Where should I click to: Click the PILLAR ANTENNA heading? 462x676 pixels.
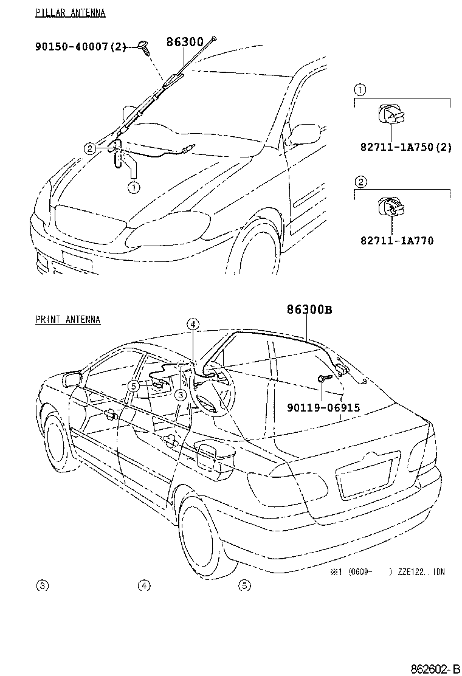[71, 13]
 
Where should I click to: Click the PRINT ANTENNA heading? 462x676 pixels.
[68, 320]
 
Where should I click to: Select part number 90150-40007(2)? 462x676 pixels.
[80, 46]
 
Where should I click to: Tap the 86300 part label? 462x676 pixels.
[185, 42]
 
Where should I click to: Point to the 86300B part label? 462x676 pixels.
[309, 309]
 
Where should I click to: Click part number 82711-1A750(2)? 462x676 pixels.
[406, 147]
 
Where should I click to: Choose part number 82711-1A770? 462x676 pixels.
[397, 240]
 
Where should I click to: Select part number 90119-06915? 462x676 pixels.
[323, 407]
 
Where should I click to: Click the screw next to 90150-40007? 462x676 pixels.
[144, 47]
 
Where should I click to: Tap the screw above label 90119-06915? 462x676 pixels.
[325, 378]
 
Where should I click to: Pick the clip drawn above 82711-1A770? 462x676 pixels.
[390, 207]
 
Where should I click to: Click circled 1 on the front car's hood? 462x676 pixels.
[134, 187]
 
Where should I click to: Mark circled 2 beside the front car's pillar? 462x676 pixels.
[89, 149]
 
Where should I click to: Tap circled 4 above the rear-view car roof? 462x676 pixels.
[193, 324]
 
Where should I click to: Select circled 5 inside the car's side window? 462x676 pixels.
[134, 386]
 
